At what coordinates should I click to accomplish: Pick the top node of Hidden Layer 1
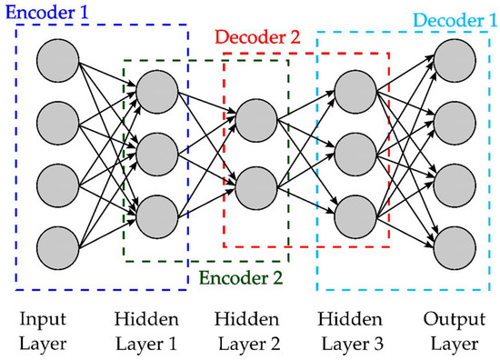tap(157, 89)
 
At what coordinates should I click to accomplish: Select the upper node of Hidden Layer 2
tap(255, 119)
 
